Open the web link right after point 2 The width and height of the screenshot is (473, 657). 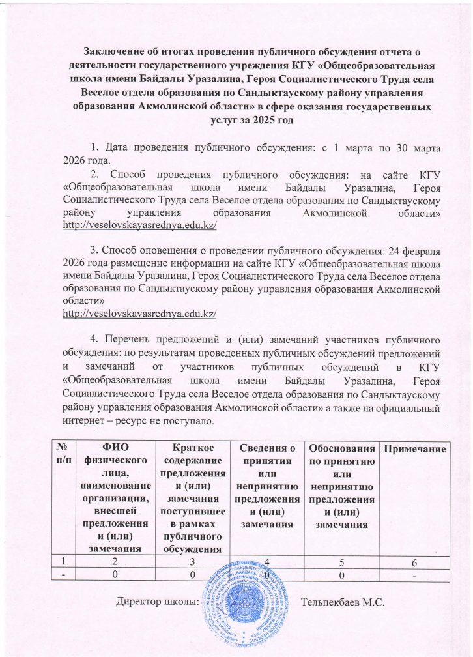139,225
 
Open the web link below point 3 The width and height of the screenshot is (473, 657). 139,314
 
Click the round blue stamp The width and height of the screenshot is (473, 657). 246,606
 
